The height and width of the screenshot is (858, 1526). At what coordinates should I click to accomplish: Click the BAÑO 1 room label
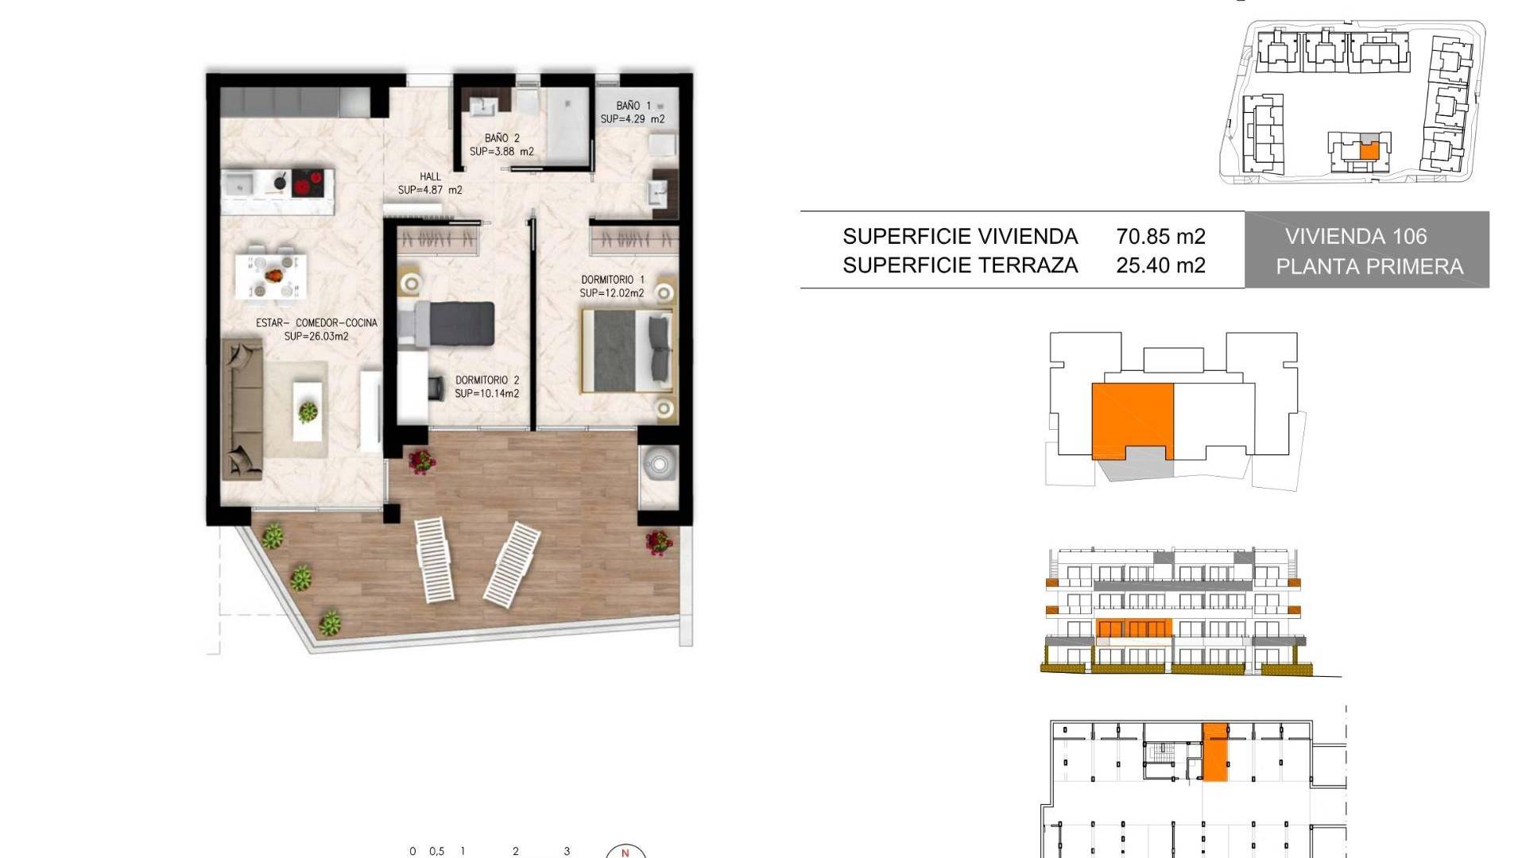[633, 105]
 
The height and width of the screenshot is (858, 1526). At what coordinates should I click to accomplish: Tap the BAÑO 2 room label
[502, 137]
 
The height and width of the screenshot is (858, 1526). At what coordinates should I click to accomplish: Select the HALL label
[430, 176]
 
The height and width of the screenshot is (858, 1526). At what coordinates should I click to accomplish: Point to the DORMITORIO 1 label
[613, 280]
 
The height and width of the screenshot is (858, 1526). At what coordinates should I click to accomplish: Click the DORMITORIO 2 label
[487, 381]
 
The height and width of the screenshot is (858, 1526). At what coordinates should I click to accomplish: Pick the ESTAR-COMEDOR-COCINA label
[316, 323]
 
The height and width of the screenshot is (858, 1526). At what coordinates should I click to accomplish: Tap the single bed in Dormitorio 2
[446, 324]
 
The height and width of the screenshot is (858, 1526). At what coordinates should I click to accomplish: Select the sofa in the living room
[242, 409]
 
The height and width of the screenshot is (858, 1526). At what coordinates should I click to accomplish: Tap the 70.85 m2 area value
[1160, 237]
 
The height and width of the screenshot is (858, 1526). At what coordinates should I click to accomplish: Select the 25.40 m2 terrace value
[1160, 265]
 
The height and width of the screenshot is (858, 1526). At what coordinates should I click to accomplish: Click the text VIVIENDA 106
[1356, 237]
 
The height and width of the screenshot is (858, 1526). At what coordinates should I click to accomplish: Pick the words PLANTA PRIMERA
[1369, 267]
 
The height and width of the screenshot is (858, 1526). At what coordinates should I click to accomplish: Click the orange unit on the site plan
[1369, 151]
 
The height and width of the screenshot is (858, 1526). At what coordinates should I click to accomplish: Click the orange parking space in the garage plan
[1214, 752]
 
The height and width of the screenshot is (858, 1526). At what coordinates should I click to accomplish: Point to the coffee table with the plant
[308, 410]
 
